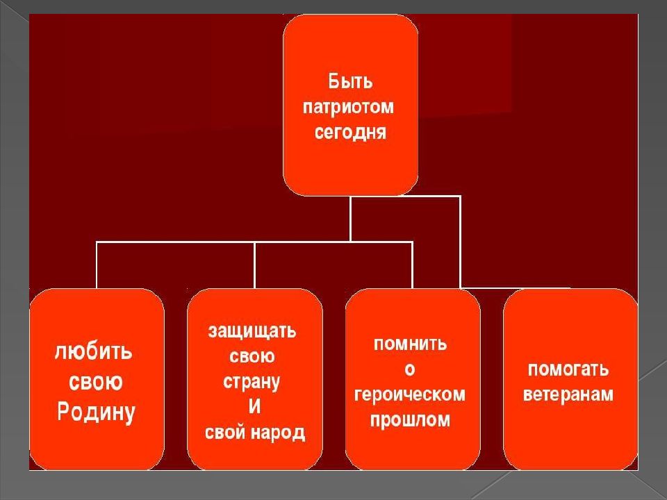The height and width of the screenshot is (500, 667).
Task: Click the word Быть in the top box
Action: pyautogui.click(x=350, y=81)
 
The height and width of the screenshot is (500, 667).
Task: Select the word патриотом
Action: pyautogui.click(x=348, y=108)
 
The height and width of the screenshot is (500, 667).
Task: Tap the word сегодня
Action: pyautogui.click(x=350, y=132)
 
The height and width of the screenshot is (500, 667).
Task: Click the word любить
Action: pyautogui.click(x=93, y=352)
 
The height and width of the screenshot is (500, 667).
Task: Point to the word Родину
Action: pyautogui.click(x=96, y=412)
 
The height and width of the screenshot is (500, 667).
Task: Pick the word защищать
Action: pyautogui.click(x=252, y=331)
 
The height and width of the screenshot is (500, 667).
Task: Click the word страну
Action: pyautogui.click(x=252, y=382)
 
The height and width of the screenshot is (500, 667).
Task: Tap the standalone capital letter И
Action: pyautogui.click(x=254, y=407)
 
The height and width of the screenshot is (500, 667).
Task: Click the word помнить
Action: pyautogui.click(x=410, y=344)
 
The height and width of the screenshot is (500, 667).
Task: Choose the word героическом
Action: pyautogui.click(x=410, y=395)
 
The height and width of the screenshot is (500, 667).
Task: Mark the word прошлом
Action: pyautogui.click(x=410, y=420)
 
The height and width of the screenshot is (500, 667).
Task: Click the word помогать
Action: pyautogui.click(x=568, y=369)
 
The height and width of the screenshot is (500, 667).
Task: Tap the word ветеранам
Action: pyautogui.click(x=568, y=394)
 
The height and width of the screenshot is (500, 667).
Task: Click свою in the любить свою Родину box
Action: pyautogui.click(x=96, y=382)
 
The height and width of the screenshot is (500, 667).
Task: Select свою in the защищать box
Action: pyautogui.click(x=252, y=356)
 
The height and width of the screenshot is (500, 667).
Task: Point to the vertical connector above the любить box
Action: pyautogui.click(x=97, y=265)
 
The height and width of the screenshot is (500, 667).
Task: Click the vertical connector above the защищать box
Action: pyautogui.click(x=254, y=265)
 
